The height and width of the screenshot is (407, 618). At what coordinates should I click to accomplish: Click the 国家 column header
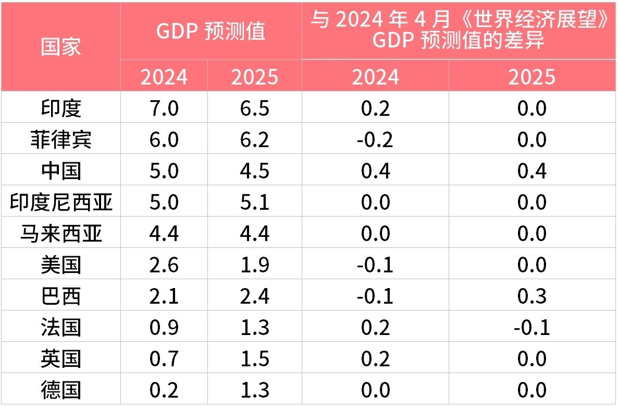(x=61, y=46)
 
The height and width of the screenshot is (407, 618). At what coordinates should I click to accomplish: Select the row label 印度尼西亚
(x=61, y=202)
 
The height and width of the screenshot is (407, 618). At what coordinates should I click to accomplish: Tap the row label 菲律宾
(x=61, y=140)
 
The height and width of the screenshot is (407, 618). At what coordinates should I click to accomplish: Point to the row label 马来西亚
(x=61, y=234)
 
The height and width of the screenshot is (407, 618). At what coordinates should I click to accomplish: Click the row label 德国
(x=61, y=390)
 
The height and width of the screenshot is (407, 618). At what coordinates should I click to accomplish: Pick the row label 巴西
(x=61, y=296)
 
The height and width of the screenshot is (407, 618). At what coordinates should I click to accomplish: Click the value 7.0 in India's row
(x=164, y=109)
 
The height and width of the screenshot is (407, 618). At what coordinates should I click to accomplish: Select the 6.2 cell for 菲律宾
(x=255, y=140)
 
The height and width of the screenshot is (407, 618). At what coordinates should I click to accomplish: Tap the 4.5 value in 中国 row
(x=255, y=171)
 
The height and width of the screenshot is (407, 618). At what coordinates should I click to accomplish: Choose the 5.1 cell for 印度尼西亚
(x=255, y=202)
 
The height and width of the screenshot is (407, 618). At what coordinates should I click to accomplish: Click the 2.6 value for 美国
(x=164, y=265)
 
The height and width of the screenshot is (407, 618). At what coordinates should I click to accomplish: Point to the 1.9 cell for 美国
(x=255, y=265)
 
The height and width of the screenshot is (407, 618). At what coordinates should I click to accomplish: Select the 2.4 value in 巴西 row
(x=255, y=296)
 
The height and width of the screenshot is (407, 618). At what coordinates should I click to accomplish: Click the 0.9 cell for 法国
(x=164, y=328)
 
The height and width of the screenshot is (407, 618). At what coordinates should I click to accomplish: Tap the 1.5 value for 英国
(x=255, y=359)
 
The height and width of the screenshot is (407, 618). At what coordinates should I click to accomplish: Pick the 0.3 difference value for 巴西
(x=532, y=296)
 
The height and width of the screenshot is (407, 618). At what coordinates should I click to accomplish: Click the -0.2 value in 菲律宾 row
(x=375, y=140)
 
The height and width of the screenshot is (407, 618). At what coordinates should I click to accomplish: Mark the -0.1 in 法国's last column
(x=532, y=328)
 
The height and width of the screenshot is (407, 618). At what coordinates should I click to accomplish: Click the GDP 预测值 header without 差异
(x=211, y=31)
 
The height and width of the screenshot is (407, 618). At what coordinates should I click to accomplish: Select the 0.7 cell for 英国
(x=164, y=359)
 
